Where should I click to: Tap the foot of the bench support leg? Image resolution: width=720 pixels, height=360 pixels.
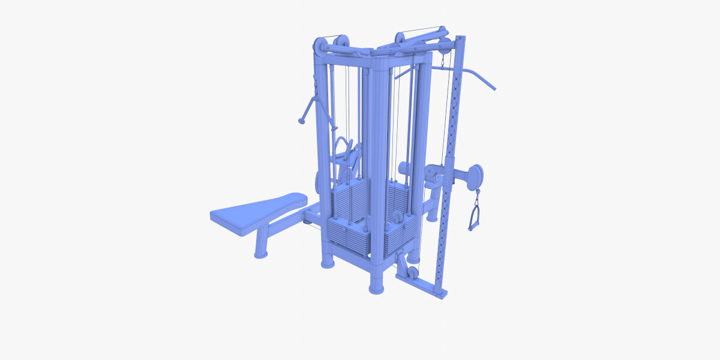pos(260,254)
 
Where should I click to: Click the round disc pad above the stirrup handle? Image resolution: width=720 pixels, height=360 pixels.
pos(476,176)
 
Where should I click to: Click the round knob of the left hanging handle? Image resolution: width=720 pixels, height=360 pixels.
pos(302,121)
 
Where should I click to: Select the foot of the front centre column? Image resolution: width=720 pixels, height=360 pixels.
pos(376,289)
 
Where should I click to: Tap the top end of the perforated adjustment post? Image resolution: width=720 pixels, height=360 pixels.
pos(460,40)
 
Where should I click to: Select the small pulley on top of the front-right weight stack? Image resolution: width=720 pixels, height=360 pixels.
pos(397,215)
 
